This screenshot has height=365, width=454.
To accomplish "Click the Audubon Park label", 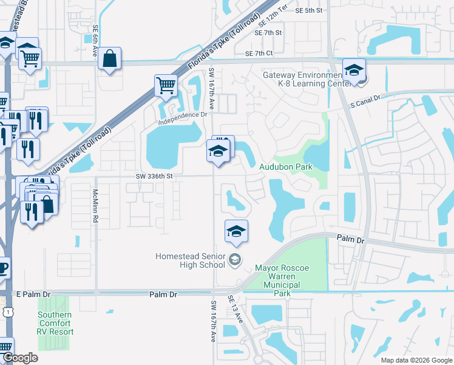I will point(286,167).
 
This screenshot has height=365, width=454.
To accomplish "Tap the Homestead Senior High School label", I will point(190,260).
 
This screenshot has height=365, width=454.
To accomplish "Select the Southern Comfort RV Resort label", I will point(55,324).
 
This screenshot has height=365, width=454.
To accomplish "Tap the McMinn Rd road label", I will point(95,206).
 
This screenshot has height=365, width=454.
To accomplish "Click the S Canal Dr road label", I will point(365,101).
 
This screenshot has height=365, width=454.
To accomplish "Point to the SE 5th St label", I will point(308,11).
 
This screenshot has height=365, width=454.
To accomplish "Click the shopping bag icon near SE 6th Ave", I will point(109,59).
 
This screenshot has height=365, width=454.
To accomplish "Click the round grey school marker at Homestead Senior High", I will point(234,261).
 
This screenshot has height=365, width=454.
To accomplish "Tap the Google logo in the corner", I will point(20,358).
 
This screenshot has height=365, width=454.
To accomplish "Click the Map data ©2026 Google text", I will point(416,360).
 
